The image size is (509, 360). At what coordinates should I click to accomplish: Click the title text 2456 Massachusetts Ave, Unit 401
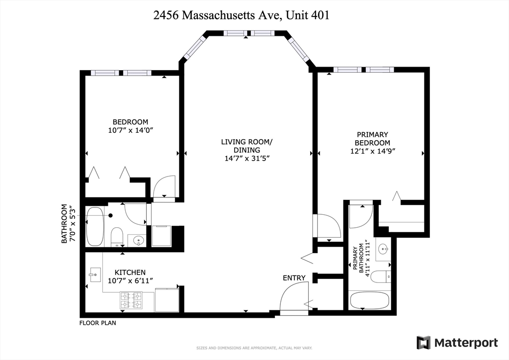241,15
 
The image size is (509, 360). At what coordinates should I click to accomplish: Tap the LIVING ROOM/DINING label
247,146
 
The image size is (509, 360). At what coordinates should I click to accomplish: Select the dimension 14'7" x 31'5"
247,159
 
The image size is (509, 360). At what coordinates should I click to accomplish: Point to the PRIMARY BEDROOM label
372,138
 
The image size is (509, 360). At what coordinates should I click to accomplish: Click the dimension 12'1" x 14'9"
372,151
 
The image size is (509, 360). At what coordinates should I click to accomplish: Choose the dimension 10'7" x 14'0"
130,131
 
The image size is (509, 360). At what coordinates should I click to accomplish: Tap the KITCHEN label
130,272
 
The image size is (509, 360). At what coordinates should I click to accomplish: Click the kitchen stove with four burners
131,299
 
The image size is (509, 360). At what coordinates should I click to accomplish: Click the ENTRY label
294,277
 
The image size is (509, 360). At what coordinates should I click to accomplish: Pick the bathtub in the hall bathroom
95,227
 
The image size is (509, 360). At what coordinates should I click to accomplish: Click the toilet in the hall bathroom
117,236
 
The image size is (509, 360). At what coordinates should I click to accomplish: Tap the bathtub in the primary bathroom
370,300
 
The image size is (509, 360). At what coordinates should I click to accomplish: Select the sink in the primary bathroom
383,249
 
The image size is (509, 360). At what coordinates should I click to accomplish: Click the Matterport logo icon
424,343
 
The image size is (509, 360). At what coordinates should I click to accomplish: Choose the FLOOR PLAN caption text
98,323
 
